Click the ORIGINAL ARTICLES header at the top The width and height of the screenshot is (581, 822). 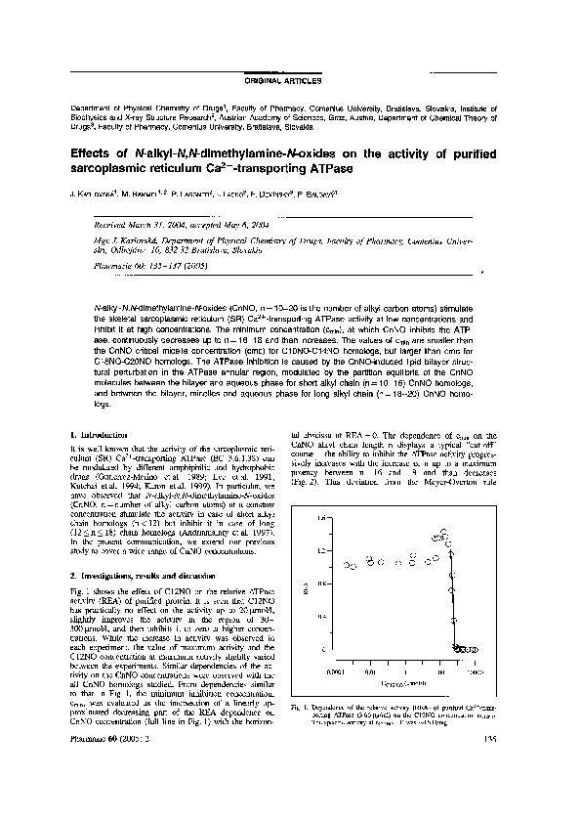pyautogui.click(x=290, y=74)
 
